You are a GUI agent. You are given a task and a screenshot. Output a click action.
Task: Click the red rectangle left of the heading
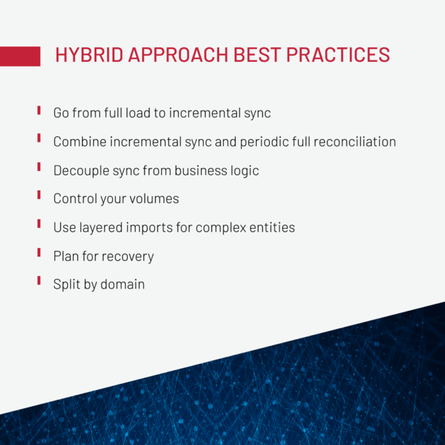click(x=19, y=56)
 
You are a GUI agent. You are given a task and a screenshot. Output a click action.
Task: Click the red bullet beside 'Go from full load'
click(x=39, y=111)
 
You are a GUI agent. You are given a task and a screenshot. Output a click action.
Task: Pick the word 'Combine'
click(x=79, y=142)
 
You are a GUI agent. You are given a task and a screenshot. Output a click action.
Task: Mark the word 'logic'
click(x=242, y=170)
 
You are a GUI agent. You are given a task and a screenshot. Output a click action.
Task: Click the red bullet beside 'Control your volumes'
click(x=39, y=197)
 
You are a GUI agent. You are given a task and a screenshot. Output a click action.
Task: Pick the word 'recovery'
click(x=127, y=256)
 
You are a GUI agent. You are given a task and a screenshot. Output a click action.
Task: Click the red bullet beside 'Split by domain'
click(x=39, y=282)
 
